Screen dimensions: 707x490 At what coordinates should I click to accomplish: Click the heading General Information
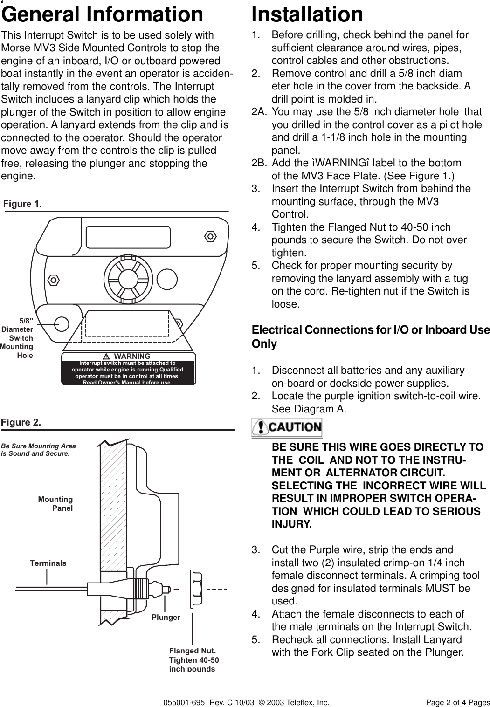(103, 14)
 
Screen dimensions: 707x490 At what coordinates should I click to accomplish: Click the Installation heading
(307, 14)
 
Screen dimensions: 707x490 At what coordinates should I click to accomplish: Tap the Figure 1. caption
(22, 204)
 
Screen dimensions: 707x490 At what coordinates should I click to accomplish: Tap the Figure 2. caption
(21, 422)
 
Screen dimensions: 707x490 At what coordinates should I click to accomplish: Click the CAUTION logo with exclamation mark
(287, 427)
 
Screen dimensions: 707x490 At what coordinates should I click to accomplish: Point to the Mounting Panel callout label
(55, 503)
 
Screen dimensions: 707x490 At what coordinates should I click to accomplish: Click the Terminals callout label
(48, 563)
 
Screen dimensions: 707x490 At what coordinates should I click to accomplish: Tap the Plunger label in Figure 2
(166, 617)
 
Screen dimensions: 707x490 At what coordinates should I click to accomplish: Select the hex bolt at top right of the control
(211, 236)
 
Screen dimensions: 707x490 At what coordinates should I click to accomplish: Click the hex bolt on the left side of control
(54, 280)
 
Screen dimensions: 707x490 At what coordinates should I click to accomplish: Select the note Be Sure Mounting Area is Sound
(39, 449)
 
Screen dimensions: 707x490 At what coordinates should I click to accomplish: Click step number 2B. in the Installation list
(259, 163)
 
